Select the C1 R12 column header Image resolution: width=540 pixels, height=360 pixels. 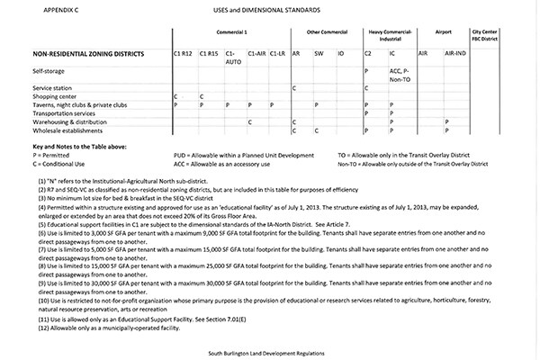pos(184,53)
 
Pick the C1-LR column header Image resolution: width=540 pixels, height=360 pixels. pos(278,53)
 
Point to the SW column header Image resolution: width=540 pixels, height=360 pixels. pos(319,53)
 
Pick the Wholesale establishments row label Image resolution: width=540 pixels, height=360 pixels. pos(67,130)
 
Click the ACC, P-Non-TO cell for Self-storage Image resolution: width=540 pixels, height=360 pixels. pos(400,73)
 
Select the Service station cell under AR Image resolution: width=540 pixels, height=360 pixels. pos(294,87)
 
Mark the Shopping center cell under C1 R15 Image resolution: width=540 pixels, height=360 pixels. pos(201,95)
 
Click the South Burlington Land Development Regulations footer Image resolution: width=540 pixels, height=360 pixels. pos(269,351)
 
